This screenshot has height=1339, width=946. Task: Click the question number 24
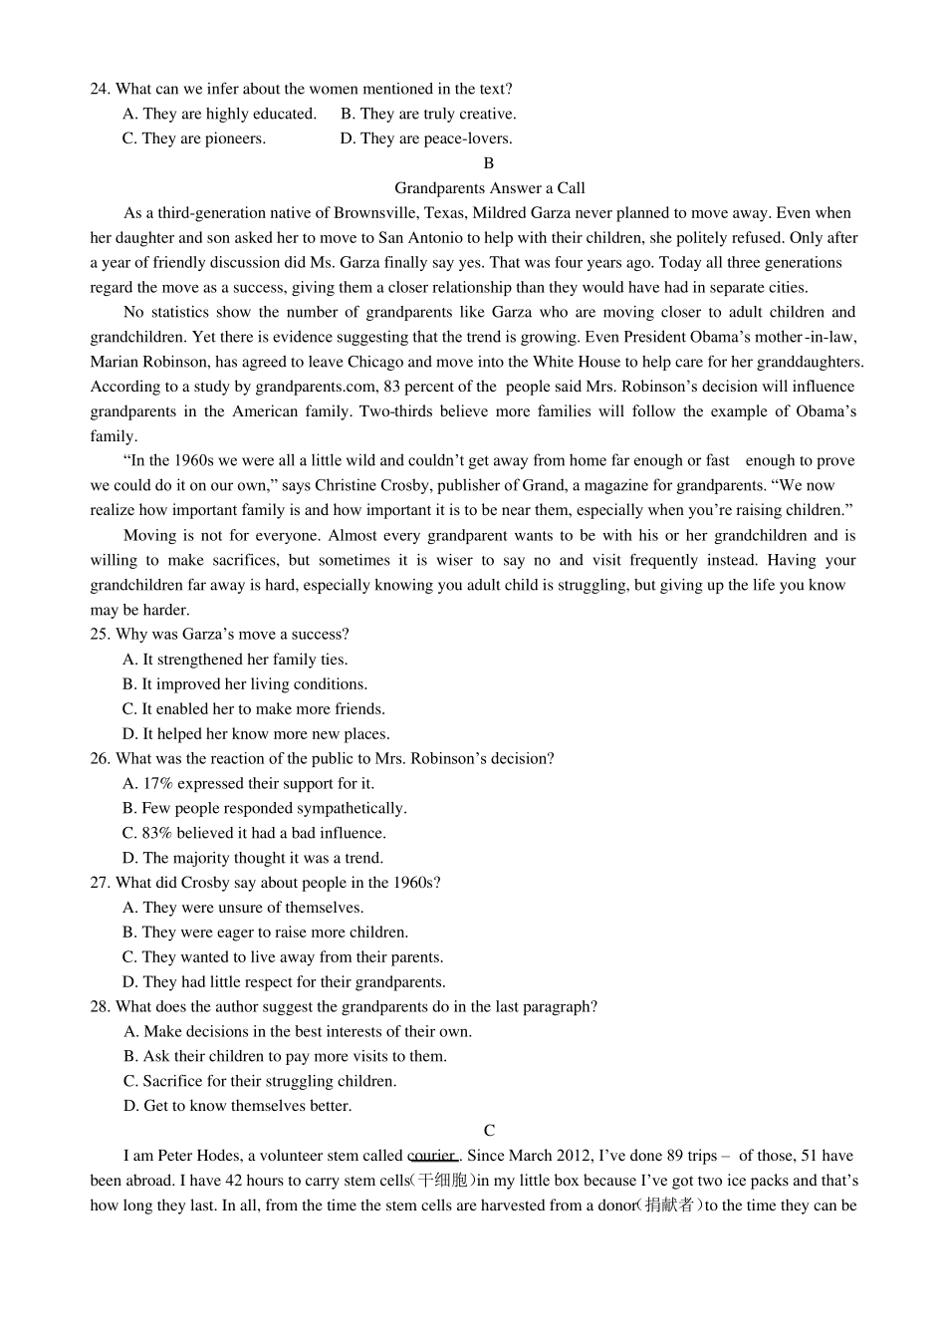tap(100, 90)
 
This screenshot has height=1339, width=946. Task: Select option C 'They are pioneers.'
tap(194, 138)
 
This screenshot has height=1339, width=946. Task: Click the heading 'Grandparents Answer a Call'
tap(489, 188)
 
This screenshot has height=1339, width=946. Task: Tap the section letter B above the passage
tap(488, 163)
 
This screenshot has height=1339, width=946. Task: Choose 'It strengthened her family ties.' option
tap(235, 660)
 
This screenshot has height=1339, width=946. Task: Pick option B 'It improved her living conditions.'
tap(245, 684)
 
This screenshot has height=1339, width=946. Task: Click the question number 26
tap(100, 759)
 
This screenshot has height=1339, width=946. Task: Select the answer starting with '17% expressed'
tap(249, 784)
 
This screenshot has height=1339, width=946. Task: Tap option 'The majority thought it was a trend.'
tap(253, 858)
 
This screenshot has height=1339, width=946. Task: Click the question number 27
tap(100, 883)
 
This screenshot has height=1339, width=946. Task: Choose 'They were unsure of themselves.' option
tap(243, 908)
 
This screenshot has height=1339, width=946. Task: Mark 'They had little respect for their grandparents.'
tap(284, 982)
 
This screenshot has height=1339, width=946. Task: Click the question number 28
tap(100, 1007)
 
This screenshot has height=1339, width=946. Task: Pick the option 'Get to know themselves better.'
tap(237, 1106)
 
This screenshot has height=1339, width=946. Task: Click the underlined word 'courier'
tap(432, 1156)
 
